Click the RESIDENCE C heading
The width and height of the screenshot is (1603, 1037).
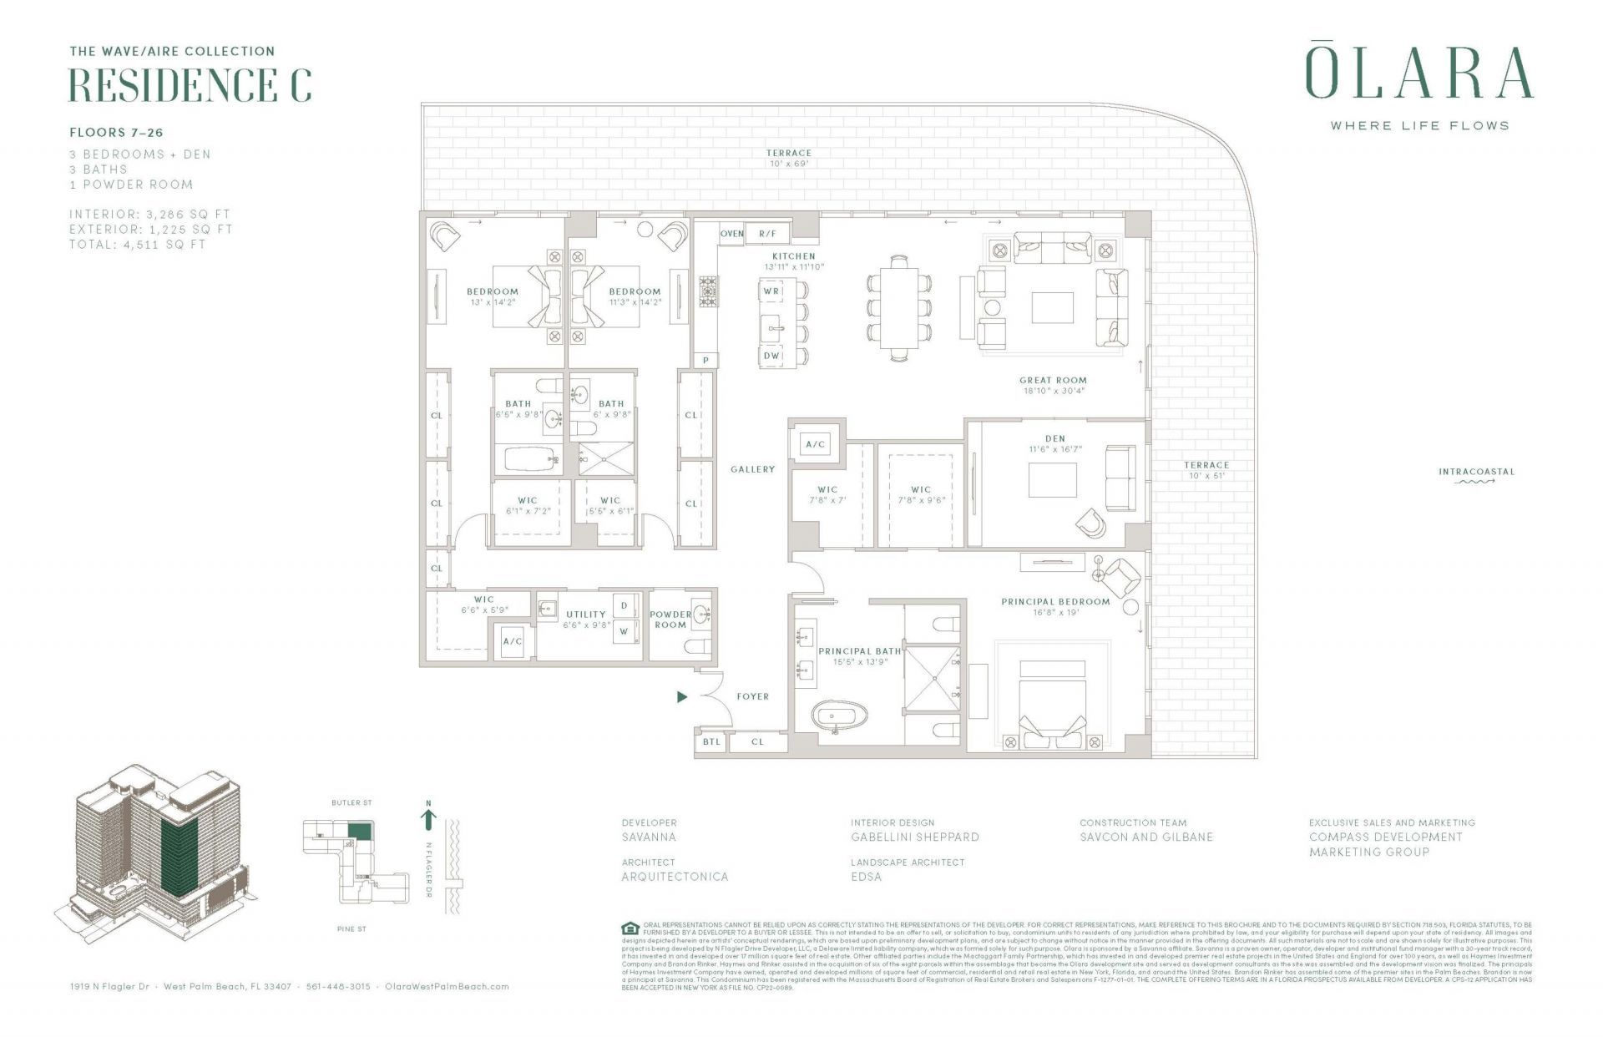(190, 84)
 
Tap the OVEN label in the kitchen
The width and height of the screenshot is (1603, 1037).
(731, 234)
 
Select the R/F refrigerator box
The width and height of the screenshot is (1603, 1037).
(767, 234)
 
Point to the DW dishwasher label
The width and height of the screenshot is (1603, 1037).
(771, 356)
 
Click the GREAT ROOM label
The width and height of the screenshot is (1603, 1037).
(1053, 381)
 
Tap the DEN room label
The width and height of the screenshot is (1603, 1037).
(1054, 438)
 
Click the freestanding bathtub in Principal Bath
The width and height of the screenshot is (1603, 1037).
(840, 716)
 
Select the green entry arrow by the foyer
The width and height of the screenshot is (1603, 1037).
(682, 696)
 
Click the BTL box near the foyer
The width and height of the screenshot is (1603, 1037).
(710, 741)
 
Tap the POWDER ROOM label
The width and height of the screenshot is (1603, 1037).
(670, 620)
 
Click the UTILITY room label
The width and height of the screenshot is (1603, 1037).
(585, 615)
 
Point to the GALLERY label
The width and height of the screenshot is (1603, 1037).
(752, 469)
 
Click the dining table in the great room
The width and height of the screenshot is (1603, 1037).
(898, 307)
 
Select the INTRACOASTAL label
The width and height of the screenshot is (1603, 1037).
(1475, 472)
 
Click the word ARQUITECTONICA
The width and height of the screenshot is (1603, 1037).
(675, 877)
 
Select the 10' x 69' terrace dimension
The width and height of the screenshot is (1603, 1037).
(788, 164)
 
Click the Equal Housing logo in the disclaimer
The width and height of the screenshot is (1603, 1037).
(630, 928)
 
